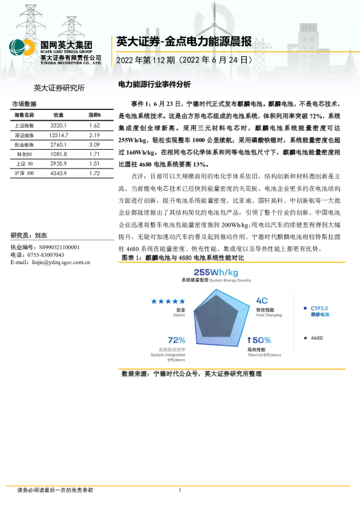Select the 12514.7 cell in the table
(59, 135)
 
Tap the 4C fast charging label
(262, 300)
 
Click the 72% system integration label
(177, 340)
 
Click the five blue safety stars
(168, 301)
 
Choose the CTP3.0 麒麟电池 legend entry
(319, 311)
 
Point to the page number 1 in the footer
(180, 490)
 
